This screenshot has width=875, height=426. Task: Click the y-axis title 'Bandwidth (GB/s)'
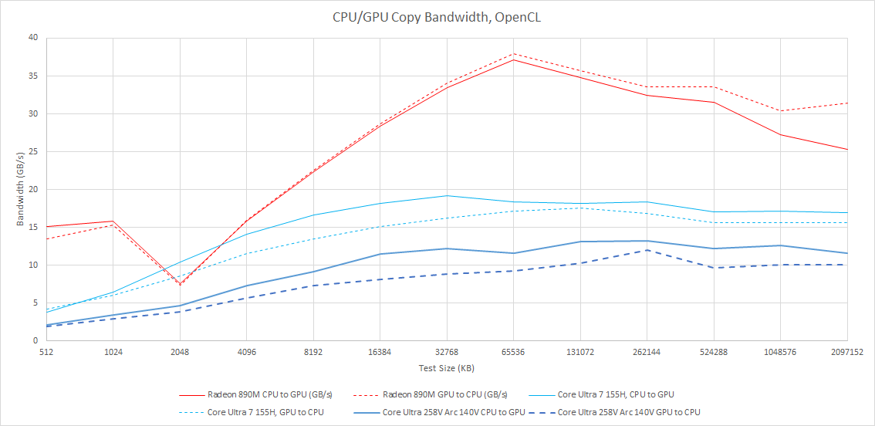(x=20, y=190)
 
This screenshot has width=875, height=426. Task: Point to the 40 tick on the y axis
(x=33, y=38)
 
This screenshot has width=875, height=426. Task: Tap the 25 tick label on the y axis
(x=33, y=151)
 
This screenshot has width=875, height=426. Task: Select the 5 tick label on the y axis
(x=35, y=303)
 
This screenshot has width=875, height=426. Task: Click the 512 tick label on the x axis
(x=47, y=351)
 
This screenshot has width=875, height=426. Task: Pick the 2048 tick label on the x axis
(x=180, y=351)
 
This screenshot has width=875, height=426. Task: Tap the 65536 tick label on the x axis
(x=513, y=351)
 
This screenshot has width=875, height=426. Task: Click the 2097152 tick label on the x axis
(x=846, y=351)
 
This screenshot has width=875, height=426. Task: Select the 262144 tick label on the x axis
(x=647, y=351)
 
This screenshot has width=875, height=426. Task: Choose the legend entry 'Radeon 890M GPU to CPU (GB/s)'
(x=443, y=394)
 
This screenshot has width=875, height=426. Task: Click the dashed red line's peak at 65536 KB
(x=513, y=54)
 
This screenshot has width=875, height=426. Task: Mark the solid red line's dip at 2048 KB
(x=180, y=284)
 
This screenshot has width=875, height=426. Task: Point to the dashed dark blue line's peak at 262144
(x=647, y=250)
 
